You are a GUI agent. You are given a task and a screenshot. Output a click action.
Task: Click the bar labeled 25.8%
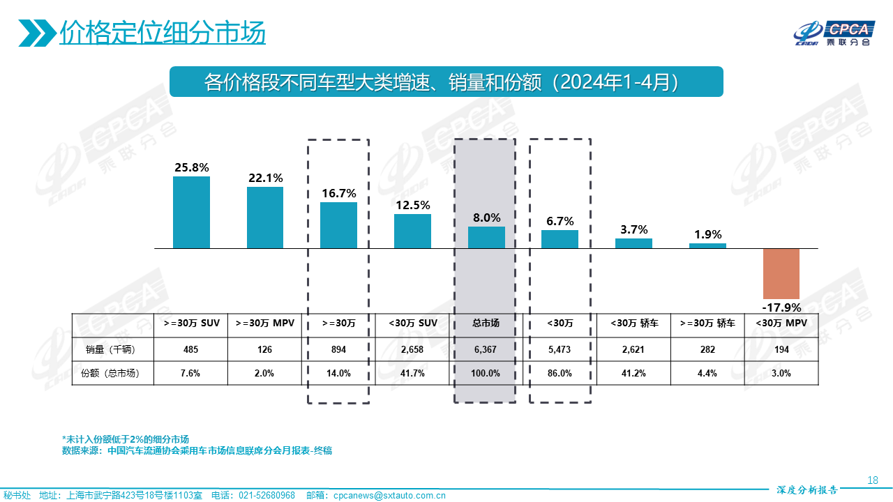[191, 212]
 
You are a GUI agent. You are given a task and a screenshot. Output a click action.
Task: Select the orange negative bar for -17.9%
[781, 273]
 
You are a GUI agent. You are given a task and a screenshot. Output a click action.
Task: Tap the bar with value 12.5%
[412, 231]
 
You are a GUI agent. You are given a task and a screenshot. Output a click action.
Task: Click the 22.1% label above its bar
[265, 178]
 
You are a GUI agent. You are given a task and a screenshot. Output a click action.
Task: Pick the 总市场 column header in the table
[486, 323]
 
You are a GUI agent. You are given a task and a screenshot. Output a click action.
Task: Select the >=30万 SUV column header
[191, 323]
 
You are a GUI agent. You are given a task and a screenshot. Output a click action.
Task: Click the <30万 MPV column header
[781, 323]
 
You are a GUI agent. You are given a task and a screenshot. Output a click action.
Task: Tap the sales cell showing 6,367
[486, 349]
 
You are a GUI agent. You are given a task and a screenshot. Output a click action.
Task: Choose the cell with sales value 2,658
[412, 349]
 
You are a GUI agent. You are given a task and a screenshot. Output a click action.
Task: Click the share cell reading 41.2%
[633, 373]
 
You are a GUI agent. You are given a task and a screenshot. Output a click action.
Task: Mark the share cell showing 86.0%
[560, 373]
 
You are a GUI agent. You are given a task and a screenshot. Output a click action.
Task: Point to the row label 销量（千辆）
[114, 349]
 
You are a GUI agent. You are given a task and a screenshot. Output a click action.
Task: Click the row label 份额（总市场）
[114, 373]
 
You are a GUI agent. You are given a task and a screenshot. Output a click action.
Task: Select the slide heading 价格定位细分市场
[163, 32]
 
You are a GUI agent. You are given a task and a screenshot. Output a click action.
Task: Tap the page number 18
[872, 480]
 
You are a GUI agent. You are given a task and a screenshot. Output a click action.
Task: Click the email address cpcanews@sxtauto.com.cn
[389, 496]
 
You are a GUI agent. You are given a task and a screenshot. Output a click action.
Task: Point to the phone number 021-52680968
[267, 496]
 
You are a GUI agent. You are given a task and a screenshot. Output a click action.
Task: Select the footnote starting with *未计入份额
[126, 439]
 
